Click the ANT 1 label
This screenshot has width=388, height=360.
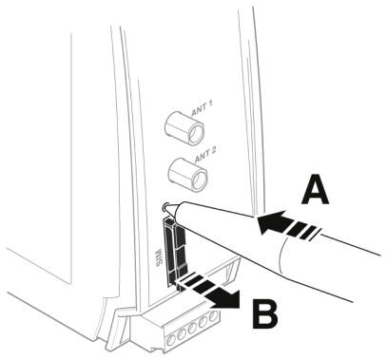point(202,108)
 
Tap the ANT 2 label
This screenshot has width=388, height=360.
point(205,154)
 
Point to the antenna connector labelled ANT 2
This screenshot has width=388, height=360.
point(188,174)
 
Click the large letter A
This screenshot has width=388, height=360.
point(315,190)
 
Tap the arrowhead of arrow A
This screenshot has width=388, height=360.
point(270,222)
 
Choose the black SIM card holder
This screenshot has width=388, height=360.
point(175,252)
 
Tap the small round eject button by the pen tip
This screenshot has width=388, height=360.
point(165,207)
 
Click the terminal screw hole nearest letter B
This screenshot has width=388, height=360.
point(214,315)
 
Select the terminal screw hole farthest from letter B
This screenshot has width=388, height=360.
point(171,340)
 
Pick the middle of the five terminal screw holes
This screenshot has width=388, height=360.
point(192,328)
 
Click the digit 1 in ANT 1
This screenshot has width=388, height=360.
point(210,105)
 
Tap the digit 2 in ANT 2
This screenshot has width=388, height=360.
point(213,150)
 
